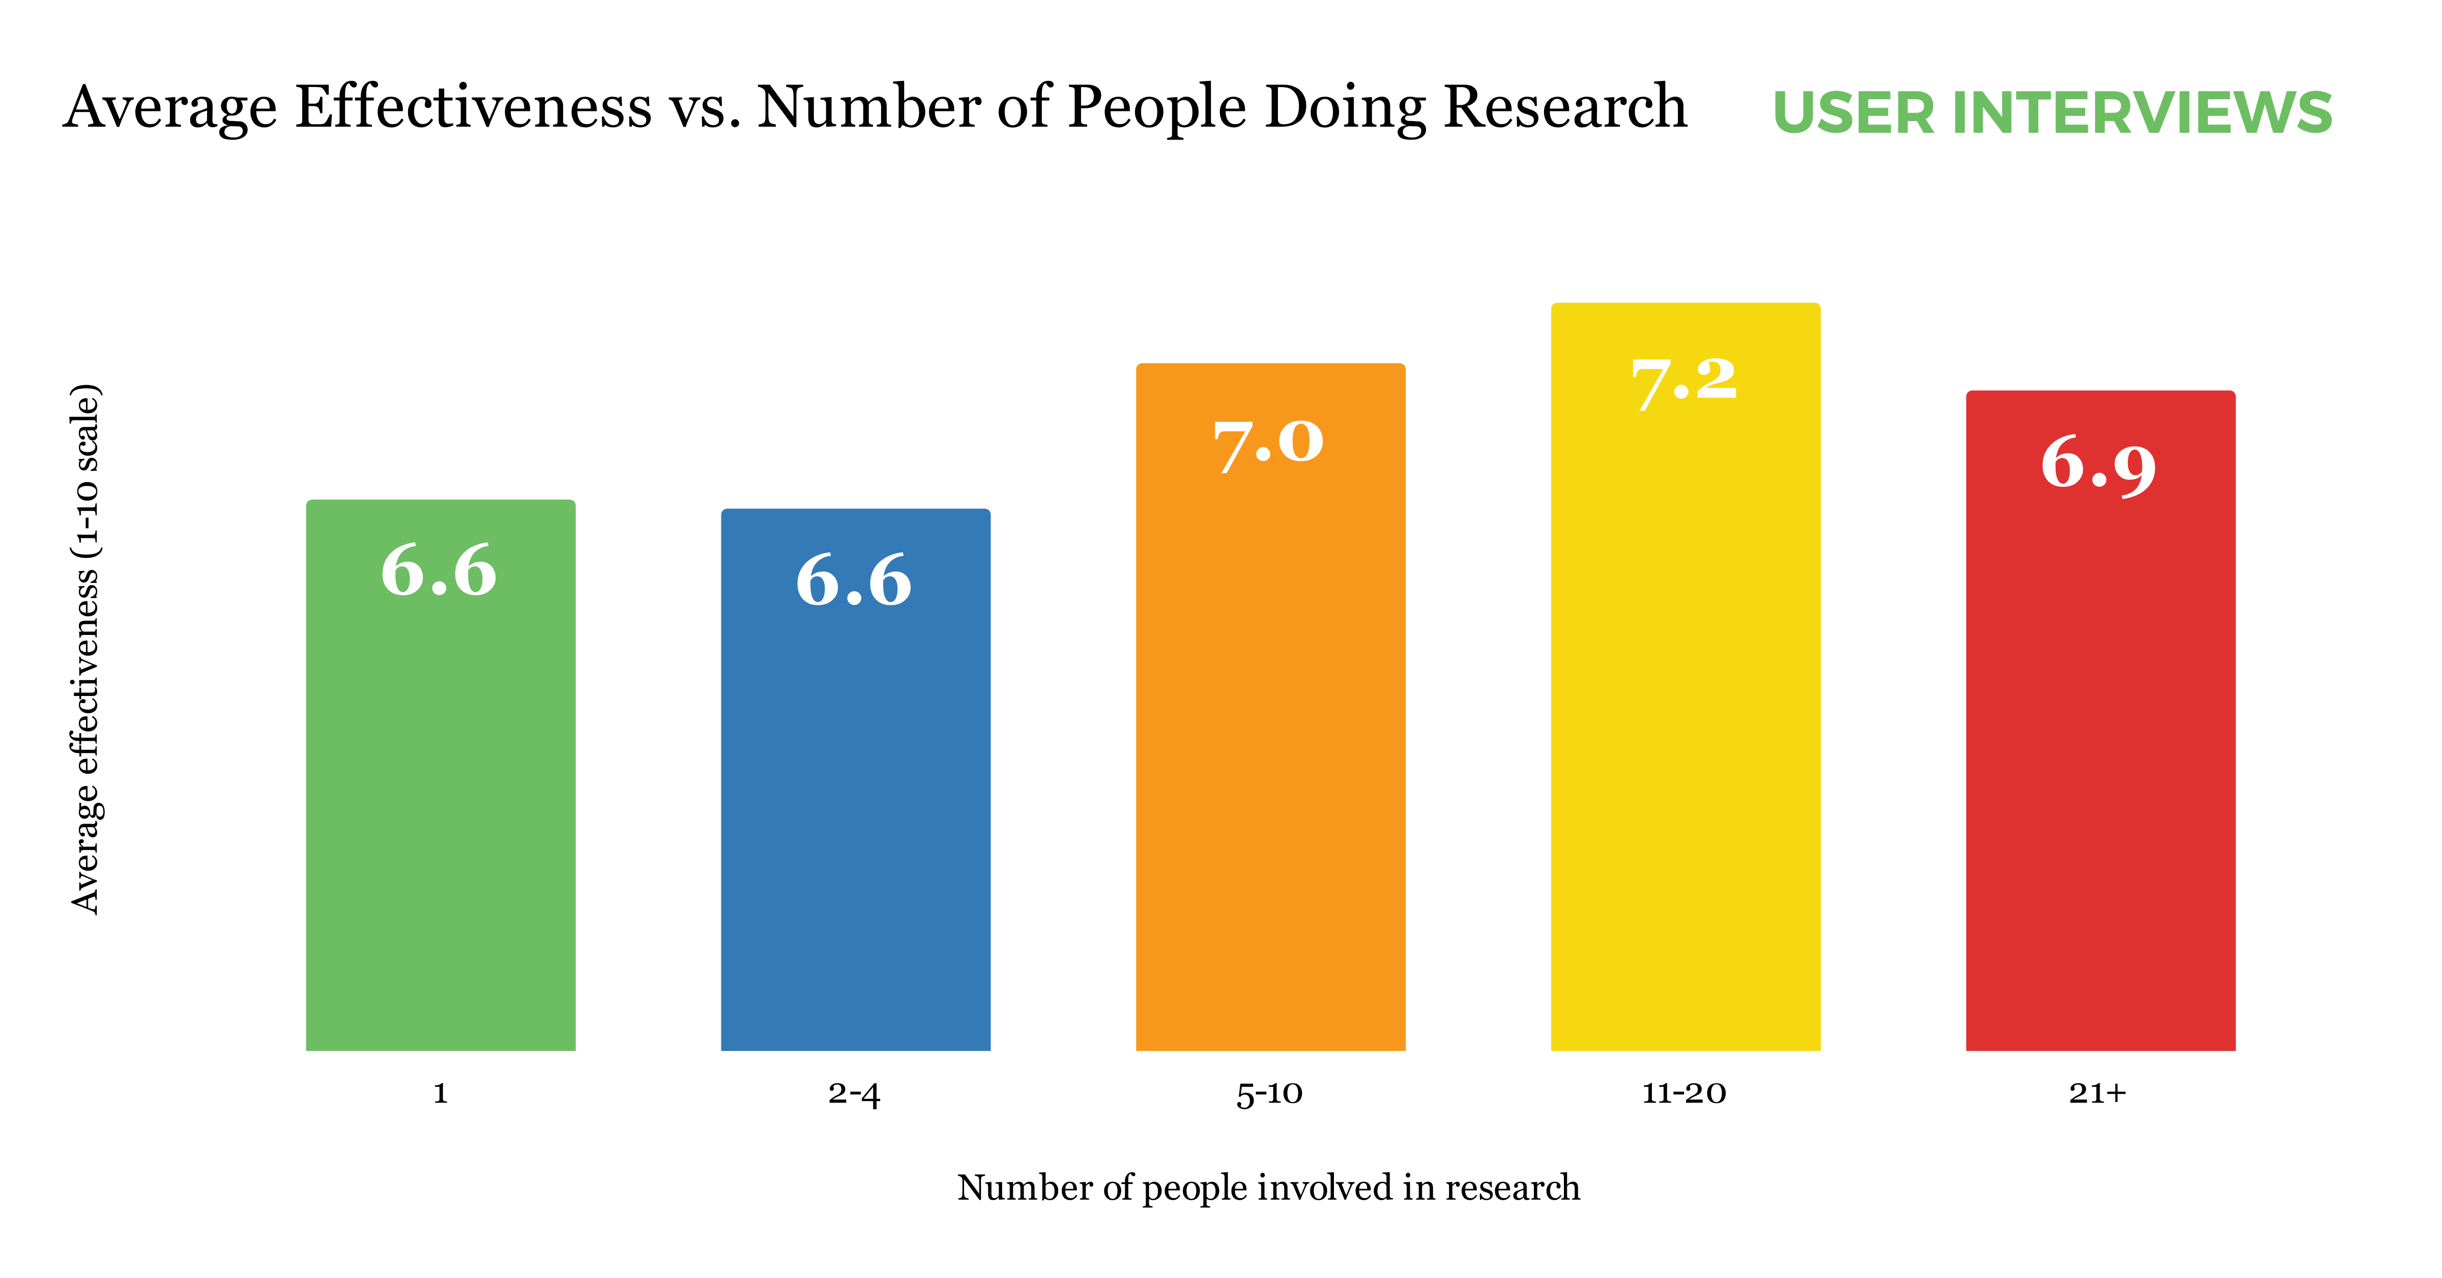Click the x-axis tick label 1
click(440, 1093)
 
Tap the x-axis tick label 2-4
click(854, 1093)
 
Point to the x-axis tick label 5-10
click(1269, 1093)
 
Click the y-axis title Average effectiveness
click(85, 649)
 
